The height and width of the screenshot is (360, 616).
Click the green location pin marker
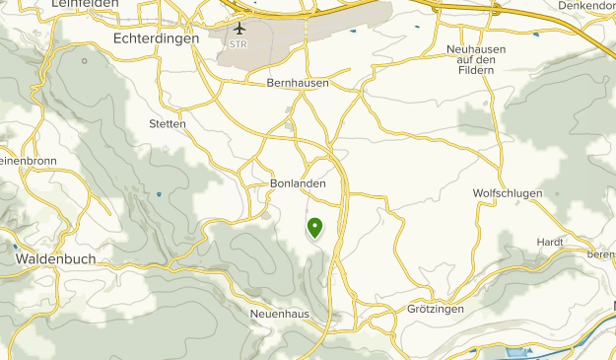click(x=315, y=228)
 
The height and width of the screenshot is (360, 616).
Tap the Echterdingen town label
click(x=157, y=37)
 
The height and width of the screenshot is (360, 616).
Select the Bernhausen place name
click(x=298, y=84)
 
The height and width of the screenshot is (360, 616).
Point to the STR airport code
click(x=238, y=44)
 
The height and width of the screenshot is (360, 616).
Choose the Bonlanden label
click(x=297, y=183)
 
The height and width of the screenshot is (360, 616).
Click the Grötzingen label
click(x=435, y=309)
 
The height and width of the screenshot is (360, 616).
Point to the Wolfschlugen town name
click(x=508, y=193)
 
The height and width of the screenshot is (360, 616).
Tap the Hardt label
click(x=550, y=242)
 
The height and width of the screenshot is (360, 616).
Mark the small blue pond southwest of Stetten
click(x=159, y=194)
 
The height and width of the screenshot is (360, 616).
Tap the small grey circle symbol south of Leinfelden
click(x=85, y=60)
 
